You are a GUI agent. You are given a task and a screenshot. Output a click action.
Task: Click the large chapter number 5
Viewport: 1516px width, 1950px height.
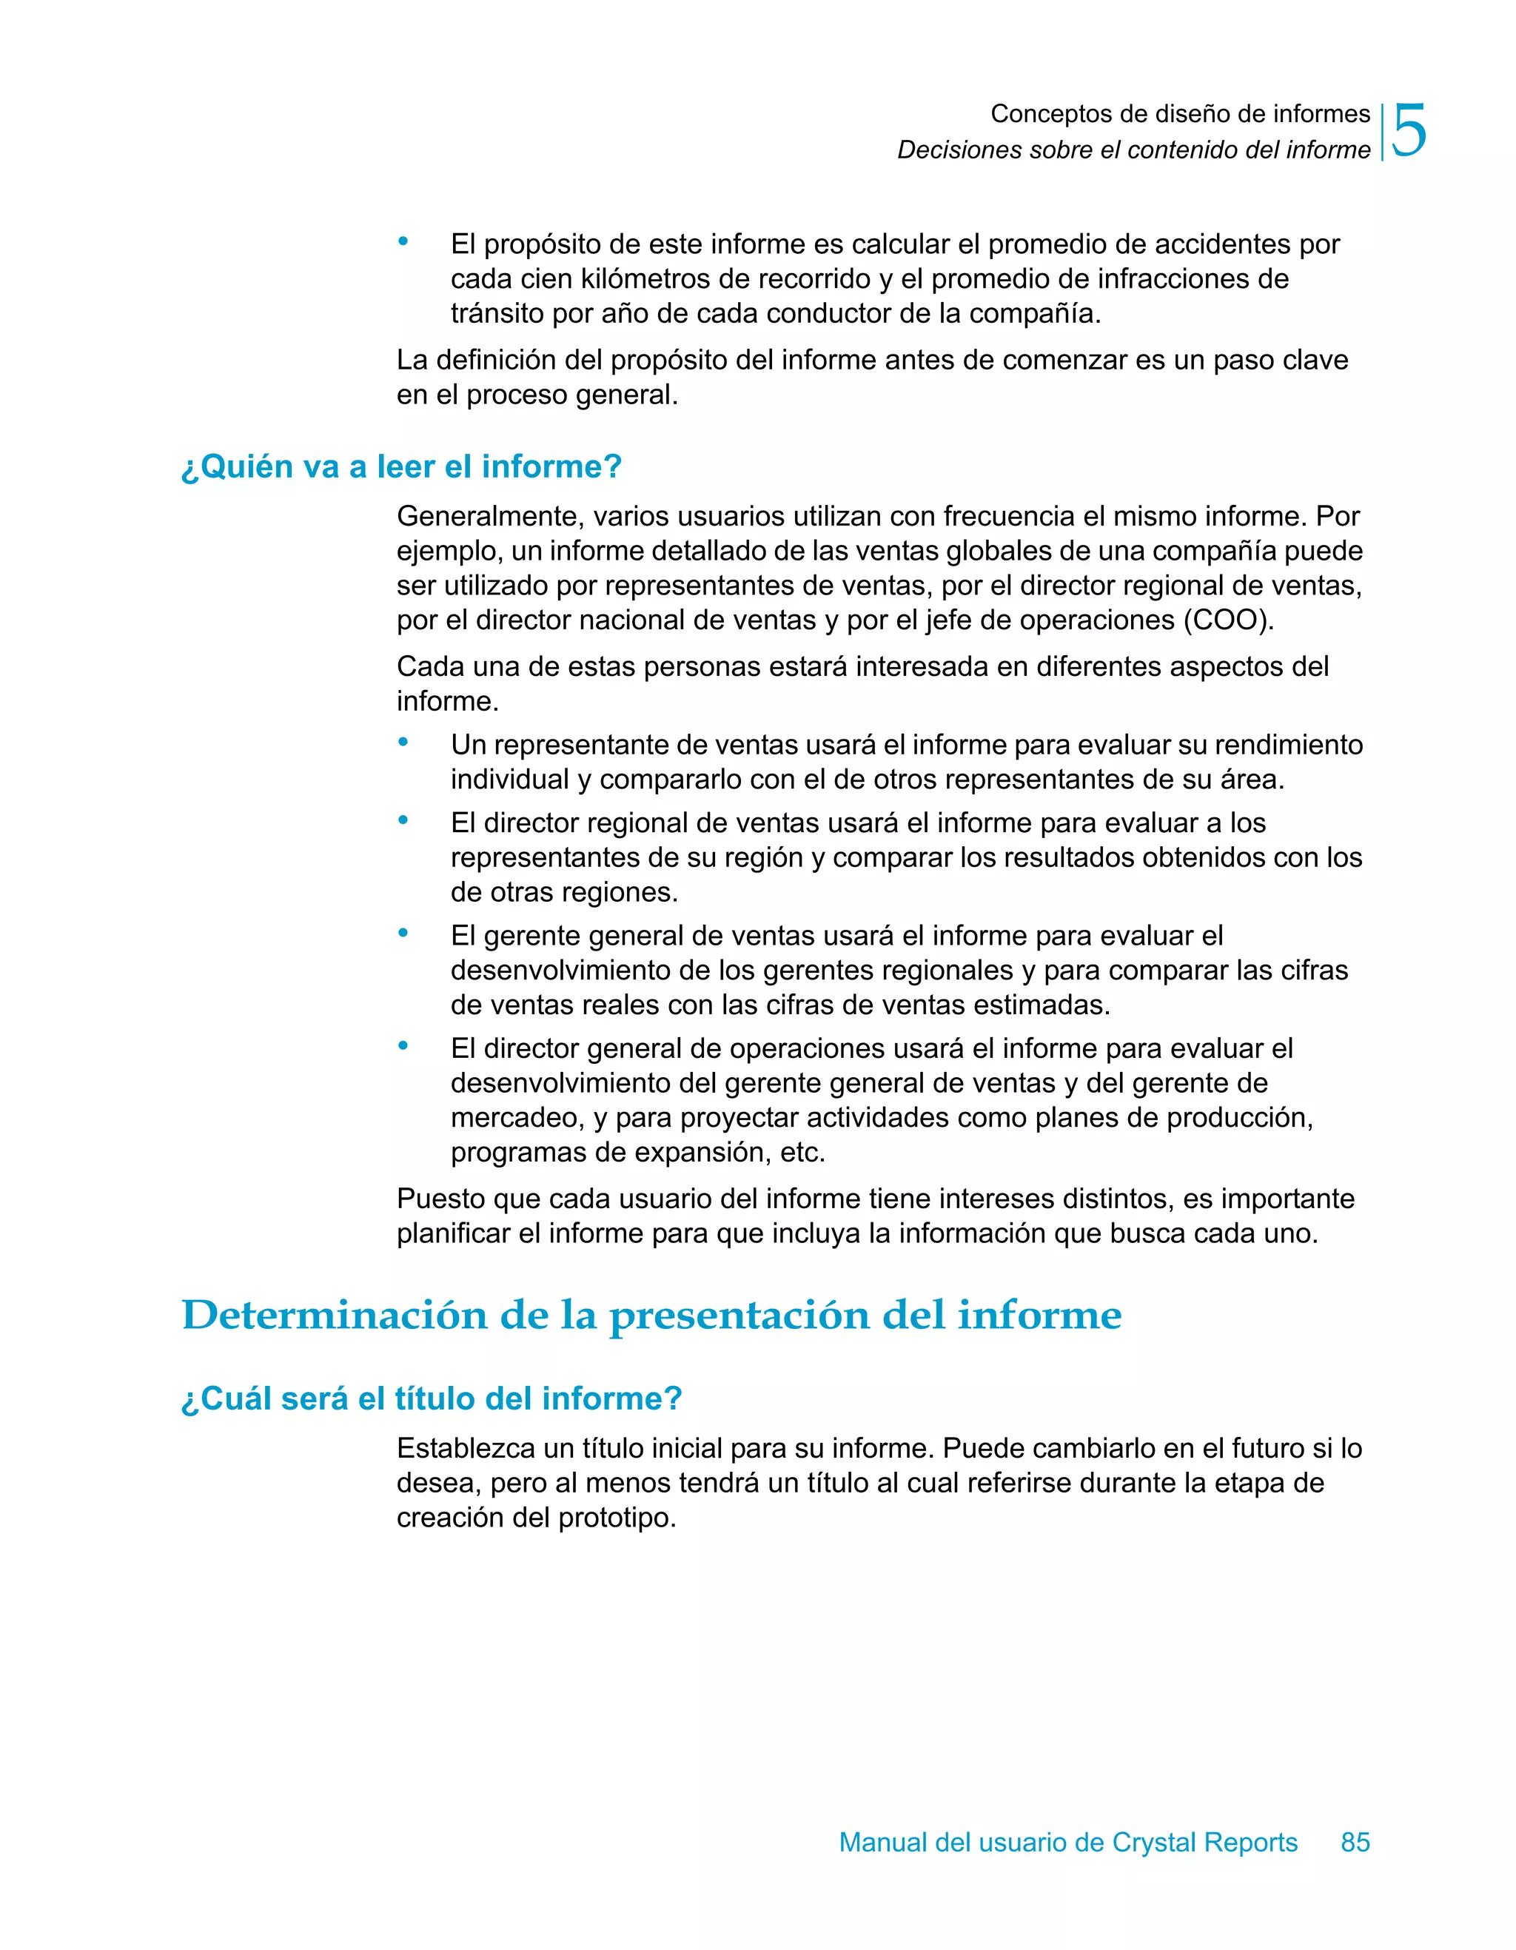coord(1409,131)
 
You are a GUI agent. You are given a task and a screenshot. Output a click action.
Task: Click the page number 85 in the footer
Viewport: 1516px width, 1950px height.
coord(1355,1842)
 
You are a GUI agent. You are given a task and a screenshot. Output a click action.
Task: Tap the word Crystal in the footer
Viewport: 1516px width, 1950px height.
coord(1153,1842)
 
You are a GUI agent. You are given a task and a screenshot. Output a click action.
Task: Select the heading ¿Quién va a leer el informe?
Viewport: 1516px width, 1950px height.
coord(401,466)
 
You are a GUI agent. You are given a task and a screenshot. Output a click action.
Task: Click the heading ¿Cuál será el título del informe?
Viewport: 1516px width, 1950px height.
coord(432,1398)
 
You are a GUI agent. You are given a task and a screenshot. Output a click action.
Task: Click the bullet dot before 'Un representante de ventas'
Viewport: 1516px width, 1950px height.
coord(403,742)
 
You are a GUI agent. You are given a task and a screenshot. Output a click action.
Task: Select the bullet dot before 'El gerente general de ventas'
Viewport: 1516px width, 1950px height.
coord(403,933)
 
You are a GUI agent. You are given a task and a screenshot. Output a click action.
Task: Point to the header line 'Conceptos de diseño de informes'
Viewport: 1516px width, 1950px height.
coord(1179,113)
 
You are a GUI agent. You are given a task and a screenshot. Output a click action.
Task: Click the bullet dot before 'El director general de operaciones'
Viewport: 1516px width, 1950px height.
coord(403,1045)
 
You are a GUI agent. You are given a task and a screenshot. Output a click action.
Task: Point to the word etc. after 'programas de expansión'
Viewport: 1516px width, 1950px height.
coord(802,1153)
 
